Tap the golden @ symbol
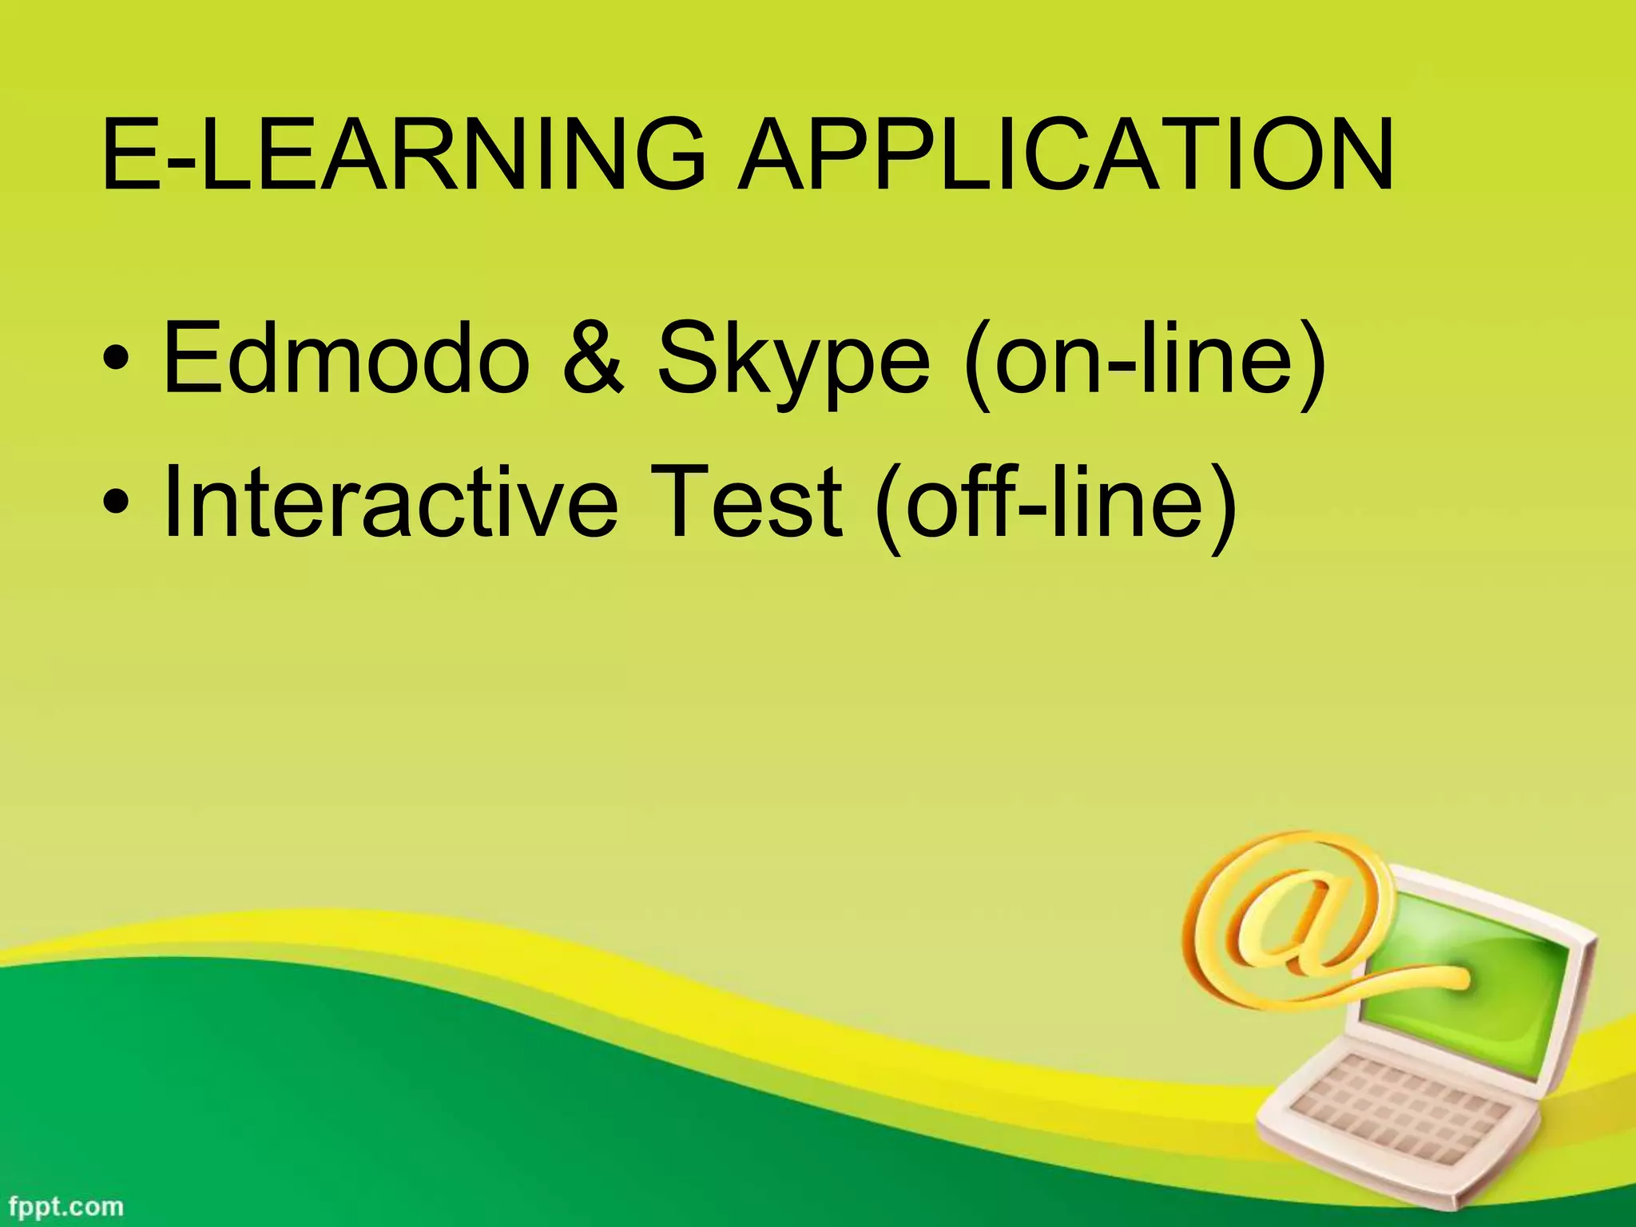1286,919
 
